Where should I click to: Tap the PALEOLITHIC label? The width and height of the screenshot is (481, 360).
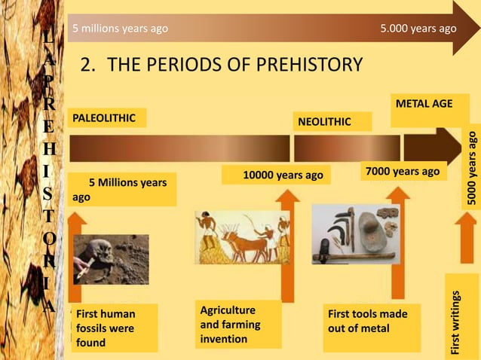[x=106, y=118]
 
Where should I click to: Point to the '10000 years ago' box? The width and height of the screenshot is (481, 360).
[x=276, y=175]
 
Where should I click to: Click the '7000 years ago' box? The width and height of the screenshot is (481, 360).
[x=401, y=172]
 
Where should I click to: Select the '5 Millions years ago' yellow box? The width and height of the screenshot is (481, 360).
[x=122, y=189]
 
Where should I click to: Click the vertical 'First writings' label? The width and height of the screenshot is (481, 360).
[x=457, y=322]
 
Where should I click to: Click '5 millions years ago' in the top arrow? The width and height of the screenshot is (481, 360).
[x=120, y=29]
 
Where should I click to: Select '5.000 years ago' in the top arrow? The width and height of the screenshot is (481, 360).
[x=418, y=29]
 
